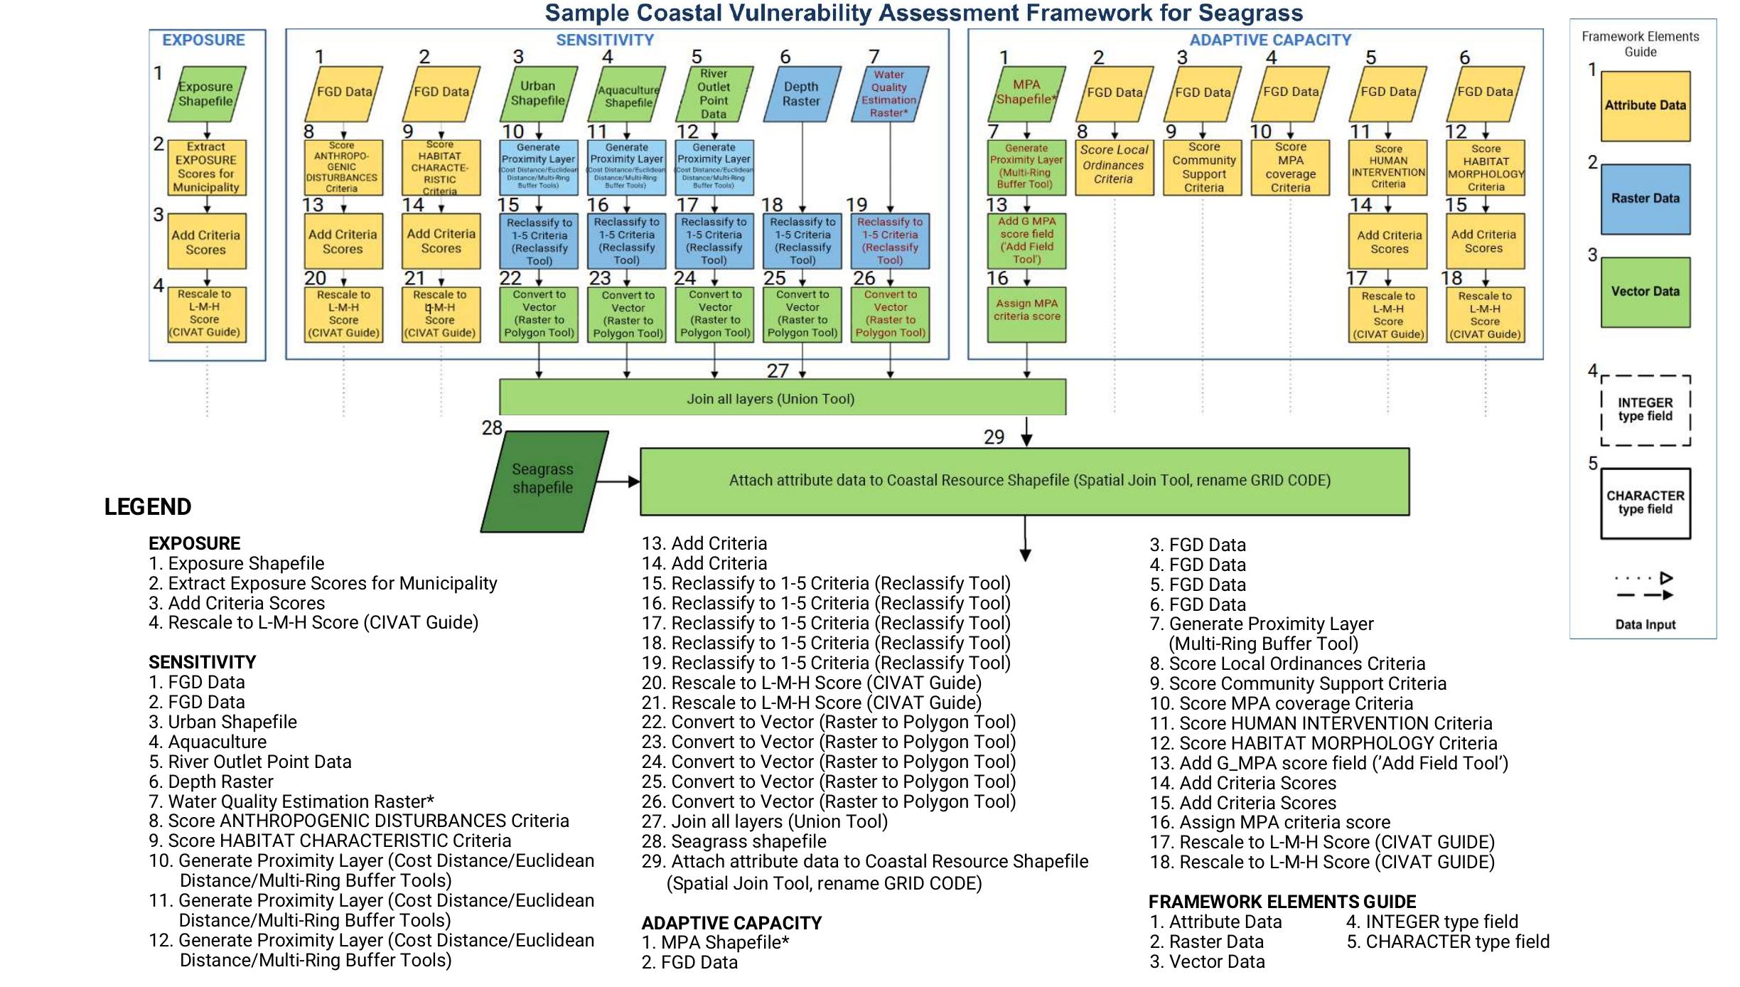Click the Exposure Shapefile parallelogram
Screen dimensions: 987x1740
click(207, 94)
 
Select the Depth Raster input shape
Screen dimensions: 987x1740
click(802, 94)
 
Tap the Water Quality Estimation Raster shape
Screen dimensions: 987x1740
click(889, 94)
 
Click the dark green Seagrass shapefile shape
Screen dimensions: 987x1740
click(544, 481)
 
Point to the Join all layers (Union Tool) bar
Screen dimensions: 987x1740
click(782, 398)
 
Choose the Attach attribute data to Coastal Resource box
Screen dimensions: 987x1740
click(1024, 481)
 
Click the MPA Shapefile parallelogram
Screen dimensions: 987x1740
click(1026, 93)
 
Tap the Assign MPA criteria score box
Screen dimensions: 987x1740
click(1027, 314)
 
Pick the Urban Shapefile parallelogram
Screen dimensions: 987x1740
click(538, 94)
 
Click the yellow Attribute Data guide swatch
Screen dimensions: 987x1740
click(1645, 105)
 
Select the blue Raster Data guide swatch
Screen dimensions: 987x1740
click(1645, 199)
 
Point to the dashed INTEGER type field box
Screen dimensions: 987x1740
click(1645, 410)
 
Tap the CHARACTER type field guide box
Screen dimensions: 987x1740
click(1645, 503)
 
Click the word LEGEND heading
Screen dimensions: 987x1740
click(148, 507)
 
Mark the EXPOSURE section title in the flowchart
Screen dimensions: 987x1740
click(203, 40)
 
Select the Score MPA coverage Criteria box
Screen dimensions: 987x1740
click(1290, 168)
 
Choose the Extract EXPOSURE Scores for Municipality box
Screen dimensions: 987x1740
click(207, 168)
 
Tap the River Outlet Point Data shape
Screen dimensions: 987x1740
click(714, 94)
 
